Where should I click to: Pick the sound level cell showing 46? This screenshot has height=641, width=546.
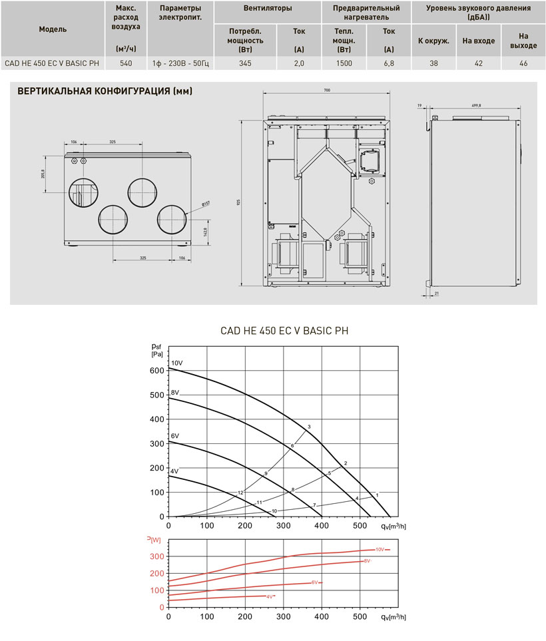tap(523, 63)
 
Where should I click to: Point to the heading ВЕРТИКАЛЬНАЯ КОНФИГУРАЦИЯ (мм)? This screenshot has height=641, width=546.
tap(105, 91)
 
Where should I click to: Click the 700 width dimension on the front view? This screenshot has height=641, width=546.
tap(326, 90)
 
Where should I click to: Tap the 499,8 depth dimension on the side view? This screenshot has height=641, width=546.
tap(475, 105)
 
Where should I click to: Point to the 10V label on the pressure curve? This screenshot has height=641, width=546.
tap(176, 363)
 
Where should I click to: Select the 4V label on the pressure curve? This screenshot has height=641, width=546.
tap(174, 471)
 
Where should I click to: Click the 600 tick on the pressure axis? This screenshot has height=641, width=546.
tap(156, 370)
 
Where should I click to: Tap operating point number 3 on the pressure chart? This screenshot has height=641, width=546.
tap(310, 427)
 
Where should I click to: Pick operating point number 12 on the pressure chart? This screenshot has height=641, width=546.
tap(240, 493)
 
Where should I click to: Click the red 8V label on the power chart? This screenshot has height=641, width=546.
tap(366, 561)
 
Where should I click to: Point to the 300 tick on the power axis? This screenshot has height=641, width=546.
tap(156, 556)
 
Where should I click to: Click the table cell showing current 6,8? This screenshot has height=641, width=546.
tap(389, 63)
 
